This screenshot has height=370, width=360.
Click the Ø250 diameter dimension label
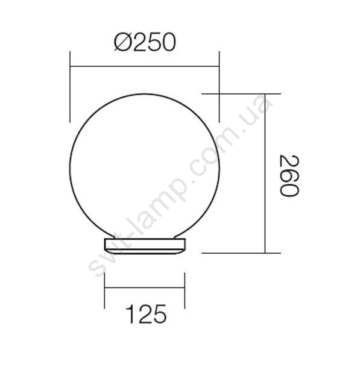145,42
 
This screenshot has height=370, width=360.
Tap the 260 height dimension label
289,175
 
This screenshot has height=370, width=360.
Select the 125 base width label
146,314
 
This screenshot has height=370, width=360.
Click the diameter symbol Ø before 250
123,42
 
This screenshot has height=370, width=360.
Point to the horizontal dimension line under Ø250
145,66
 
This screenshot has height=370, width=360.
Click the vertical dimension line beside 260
265,174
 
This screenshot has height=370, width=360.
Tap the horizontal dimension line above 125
145,287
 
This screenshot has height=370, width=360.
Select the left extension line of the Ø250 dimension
70,87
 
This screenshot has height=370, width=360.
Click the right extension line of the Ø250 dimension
219,87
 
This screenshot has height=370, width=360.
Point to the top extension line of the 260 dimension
241,94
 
